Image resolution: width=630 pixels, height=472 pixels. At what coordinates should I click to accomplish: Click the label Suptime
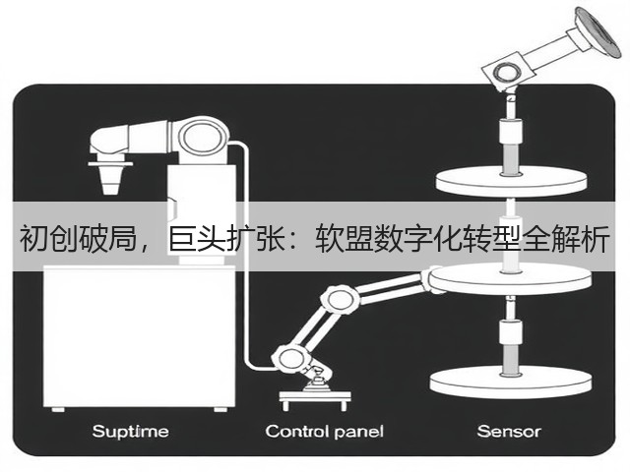tap(130, 432)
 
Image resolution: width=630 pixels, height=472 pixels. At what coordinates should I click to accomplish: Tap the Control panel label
tap(324, 432)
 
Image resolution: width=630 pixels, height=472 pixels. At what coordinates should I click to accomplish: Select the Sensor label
tap(509, 432)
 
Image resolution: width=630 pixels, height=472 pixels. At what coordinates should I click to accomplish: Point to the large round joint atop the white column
tap(202, 136)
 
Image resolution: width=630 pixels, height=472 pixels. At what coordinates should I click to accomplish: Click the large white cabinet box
tap(139, 336)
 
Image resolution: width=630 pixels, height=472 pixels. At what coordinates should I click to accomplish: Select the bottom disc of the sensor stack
tap(511, 382)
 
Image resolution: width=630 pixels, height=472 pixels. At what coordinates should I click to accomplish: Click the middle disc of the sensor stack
tap(510, 280)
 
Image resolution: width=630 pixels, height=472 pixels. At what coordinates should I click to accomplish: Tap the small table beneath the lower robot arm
tap(315, 399)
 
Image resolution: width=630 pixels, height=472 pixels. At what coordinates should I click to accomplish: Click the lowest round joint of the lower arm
tap(290, 357)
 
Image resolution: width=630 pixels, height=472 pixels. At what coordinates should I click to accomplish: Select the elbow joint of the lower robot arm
tap(340, 300)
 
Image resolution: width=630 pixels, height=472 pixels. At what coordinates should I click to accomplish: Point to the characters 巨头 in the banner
tap(197, 239)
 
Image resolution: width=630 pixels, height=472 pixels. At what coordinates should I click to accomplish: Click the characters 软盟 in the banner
tap(345, 239)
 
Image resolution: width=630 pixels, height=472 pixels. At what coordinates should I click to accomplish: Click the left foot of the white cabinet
tap(58, 409)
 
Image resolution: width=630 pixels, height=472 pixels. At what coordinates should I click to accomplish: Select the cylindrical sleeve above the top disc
tap(510, 131)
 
